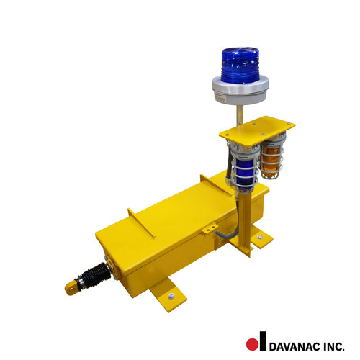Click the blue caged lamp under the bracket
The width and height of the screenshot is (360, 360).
[x=245, y=167]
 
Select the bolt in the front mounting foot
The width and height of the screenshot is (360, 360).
[x=171, y=295]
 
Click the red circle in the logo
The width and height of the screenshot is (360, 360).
[x=252, y=343]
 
